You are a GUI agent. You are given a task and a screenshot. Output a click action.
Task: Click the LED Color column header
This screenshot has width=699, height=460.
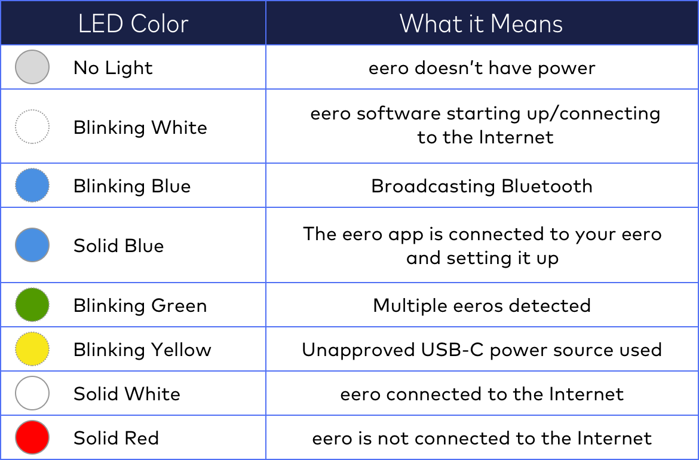pyautogui.click(x=133, y=24)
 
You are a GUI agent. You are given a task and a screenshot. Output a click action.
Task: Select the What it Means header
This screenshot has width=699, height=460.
pyautogui.click(x=482, y=24)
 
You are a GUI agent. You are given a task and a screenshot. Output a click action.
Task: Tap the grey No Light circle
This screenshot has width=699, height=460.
pyautogui.click(x=32, y=67)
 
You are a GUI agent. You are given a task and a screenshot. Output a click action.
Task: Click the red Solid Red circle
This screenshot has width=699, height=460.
pyautogui.click(x=32, y=438)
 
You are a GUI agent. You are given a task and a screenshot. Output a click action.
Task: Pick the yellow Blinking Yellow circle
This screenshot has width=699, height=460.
pyautogui.click(x=32, y=349)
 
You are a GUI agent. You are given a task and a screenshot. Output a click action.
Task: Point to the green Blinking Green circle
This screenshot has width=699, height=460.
pyautogui.click(x=32, y=305)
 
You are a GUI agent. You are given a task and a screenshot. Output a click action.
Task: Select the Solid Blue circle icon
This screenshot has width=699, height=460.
pyautogui.click(x=32, y=245)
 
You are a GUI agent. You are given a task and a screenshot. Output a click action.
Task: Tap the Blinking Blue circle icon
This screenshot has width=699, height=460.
pyautogui.click(x=32, y=186)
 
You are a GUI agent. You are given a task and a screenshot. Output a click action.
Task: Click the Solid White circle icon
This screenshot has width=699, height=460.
pyautogui.click(x=32, y=394)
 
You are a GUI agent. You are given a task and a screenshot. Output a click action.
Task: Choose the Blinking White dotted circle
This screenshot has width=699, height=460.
pyautogui.click(x=32, y=127)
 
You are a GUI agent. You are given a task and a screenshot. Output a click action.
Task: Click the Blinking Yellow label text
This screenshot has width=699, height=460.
pyautogui.click(x=142, y=349)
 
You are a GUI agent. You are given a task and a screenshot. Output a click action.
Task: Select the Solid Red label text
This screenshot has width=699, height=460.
pyautogui.click(x=116, y=438)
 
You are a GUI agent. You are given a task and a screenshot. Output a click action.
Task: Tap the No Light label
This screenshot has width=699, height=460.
pyautogui.click(x=113, y=68)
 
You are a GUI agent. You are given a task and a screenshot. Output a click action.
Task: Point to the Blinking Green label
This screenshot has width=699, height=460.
pyautogui.click(x=140, y=305)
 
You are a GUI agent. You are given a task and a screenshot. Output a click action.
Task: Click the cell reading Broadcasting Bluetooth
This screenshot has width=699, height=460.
pyautogui.click(x=482, y=186)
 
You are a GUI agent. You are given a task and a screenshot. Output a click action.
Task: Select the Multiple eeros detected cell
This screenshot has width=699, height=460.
pyautogui.click(x=482, y=305)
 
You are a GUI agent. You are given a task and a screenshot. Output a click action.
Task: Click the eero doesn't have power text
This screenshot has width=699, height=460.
pyautogui.click(x=482, y=68)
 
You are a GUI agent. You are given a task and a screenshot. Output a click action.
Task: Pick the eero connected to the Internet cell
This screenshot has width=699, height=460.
pyautogui.click(x=482, y=394)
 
